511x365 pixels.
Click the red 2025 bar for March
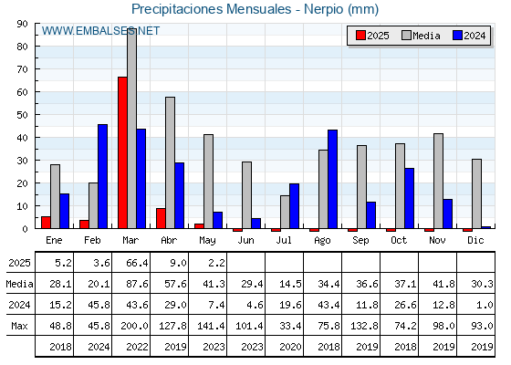click(x=122, y=152)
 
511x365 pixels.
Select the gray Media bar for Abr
click(x=170, y=162)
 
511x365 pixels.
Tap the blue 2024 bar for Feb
click(x=102, y=176)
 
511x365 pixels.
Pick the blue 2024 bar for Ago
click(x=332, y=179)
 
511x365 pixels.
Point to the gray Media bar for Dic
click(x=476, y=193)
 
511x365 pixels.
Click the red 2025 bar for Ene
click(x=46, y=223)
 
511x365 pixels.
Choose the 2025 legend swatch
click(x=360, y=36)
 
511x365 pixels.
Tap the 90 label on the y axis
click(x=23, y=24)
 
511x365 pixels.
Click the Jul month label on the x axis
click(x=284, y=240)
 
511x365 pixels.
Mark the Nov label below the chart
click(x=437, y=240)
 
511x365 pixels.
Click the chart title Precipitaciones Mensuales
click(x=212, y=9)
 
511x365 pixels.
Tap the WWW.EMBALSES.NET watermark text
click(x=100, y=31)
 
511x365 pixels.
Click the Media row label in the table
click(x=19, y=284)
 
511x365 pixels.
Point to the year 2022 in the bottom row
click(x=137, y=347)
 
